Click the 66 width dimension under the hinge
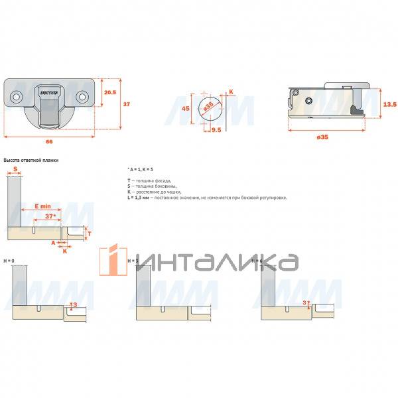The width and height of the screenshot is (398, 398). tap(49, 141)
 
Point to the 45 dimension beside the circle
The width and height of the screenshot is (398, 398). tap(186, 108)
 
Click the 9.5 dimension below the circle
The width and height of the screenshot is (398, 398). tap(216, 130)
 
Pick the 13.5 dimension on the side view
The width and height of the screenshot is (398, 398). tap(391, 105)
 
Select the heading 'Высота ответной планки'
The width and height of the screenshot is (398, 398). tap(32, 161)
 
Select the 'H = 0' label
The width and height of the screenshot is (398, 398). tap(10, 261)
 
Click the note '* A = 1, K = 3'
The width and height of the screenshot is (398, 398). tap(141, 170)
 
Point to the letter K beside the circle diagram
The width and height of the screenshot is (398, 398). tap(231, 92)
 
